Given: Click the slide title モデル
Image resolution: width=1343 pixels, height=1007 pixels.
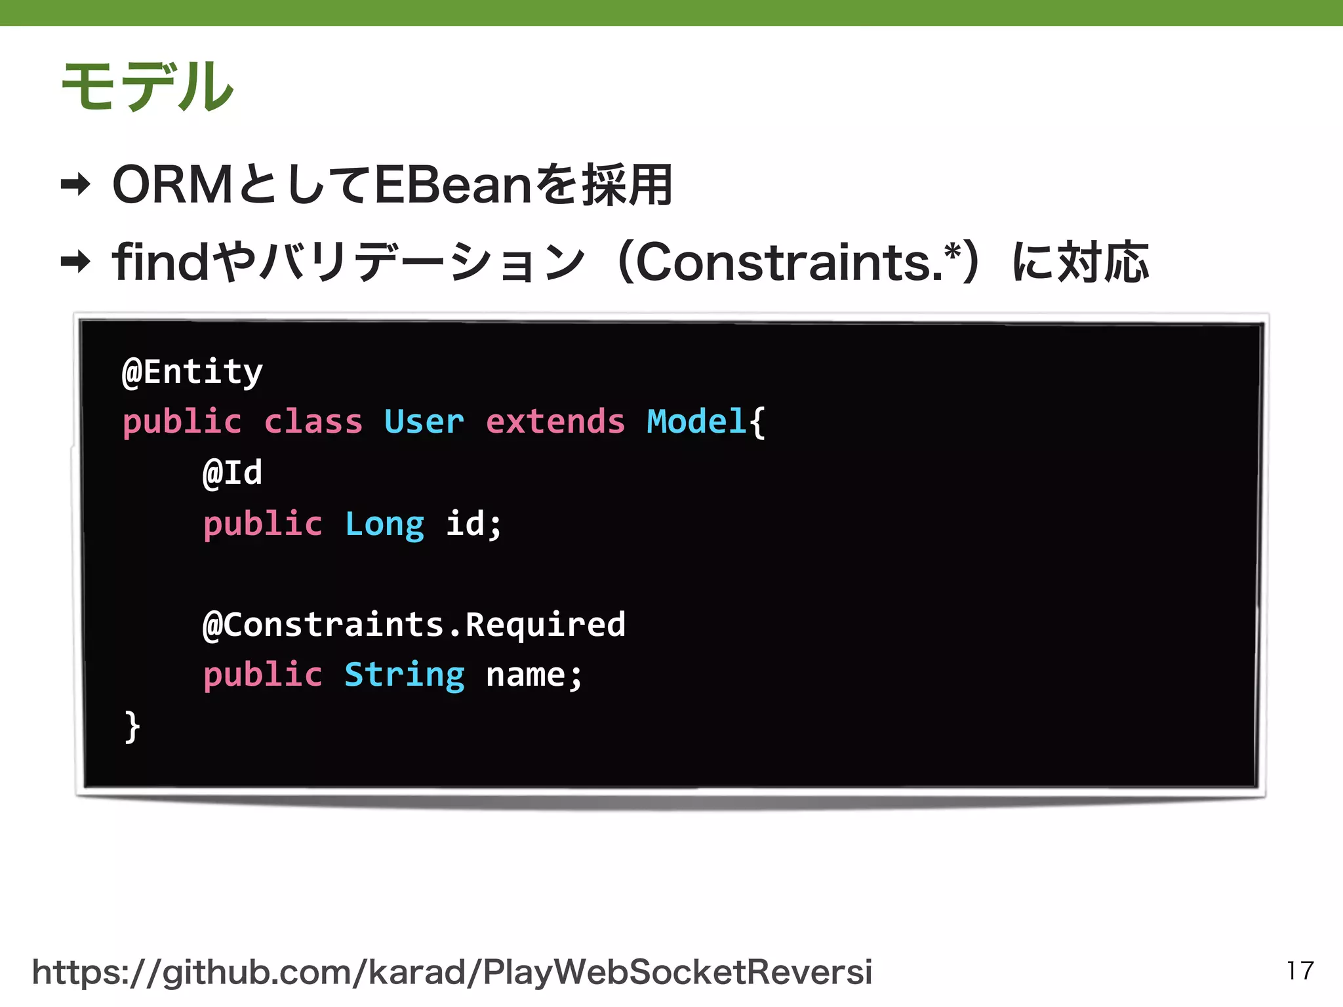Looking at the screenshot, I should [x=147, y=86].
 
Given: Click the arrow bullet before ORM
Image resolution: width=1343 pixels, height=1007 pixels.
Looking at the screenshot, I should [x=75, y=185].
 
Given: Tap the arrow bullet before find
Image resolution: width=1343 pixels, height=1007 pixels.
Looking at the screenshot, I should [x=75, y=262].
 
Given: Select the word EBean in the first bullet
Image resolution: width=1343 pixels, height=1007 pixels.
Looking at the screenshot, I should [x=452, y=186].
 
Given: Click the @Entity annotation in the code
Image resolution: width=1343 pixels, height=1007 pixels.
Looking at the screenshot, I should [x=193, y=372].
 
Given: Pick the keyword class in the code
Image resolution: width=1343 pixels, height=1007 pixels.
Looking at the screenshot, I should [x=313, y=422].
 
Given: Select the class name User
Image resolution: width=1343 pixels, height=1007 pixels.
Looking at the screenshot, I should [x=424, y=422].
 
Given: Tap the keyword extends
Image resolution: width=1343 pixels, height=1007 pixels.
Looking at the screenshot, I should [x=555, y=422].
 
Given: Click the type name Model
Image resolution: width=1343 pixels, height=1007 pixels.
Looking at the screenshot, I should [x=696, y=422].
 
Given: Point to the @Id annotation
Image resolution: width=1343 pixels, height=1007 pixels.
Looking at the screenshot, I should [x=233, y=473].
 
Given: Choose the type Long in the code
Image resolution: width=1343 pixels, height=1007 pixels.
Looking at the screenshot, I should [x=384, y=524].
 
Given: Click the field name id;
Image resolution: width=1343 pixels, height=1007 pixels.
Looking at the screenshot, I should [x=473, y=524].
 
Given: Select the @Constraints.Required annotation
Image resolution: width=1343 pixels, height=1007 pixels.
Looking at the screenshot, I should [x=414, y=624].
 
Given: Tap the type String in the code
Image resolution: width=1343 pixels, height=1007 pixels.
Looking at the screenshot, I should [x=405, y=675].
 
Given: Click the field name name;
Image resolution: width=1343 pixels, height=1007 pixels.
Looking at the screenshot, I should [x=534, y=675].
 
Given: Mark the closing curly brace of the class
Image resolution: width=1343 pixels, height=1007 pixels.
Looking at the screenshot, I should [x=132, y=726].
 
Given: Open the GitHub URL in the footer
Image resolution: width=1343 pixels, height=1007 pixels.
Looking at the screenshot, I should [x=452, y=972].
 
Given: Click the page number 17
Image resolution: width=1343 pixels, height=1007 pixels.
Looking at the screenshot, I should [x=1300, y=970].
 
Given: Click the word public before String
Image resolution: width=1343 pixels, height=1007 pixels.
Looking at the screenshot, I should [x=262, y=675].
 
